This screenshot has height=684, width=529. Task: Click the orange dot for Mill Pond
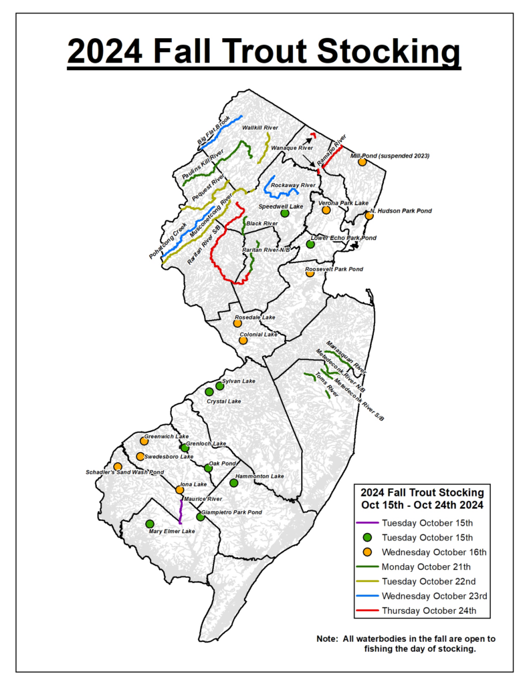pos(362,162)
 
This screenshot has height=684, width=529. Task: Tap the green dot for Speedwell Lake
pos(284,213)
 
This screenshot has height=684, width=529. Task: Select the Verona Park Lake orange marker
pos(326,210)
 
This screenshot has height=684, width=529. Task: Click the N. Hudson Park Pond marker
pos(368,216)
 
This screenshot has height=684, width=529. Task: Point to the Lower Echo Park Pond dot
pos(310,244)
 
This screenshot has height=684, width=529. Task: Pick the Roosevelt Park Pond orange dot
pos(310,273)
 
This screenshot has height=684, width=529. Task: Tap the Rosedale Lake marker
pos(237,323)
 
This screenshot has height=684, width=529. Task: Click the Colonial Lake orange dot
pos(243,340)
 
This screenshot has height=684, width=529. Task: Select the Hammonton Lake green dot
pos(233,483)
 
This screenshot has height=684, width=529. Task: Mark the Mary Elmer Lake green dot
pos(149,523)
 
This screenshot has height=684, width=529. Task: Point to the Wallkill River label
pos(259,127)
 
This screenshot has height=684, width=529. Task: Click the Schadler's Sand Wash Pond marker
pos(118,466)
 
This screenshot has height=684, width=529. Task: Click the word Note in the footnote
pos(328,639)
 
